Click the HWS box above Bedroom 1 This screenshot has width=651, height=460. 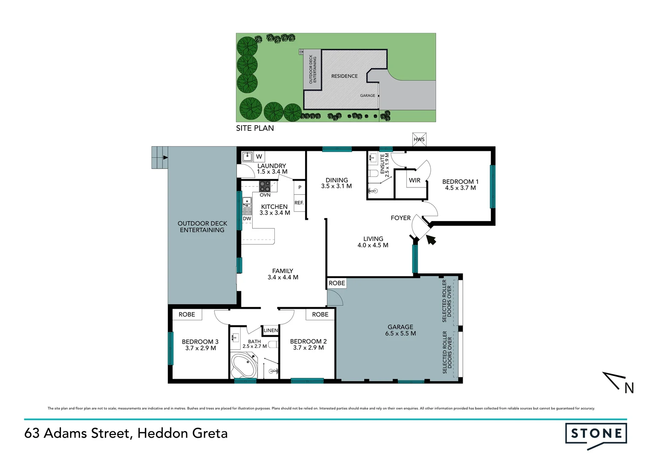(419, 139)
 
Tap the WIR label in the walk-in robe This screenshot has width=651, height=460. (415, 180)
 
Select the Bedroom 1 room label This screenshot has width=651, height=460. (460, 184)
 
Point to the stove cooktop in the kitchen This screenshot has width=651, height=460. (265, 186)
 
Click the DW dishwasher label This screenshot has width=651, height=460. (247, 218)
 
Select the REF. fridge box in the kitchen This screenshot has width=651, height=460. (299, 203)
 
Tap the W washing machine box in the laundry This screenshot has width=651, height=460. (259, 156)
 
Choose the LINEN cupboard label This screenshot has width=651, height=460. (271, 330)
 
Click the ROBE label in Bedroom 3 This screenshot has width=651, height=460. (187, 314)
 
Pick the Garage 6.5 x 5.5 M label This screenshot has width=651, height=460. (400, 330)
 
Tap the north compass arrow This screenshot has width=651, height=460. (615, 380)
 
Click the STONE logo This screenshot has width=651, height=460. (596, 434)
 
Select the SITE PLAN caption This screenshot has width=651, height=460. (255, 128)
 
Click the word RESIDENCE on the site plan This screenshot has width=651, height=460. (344, 76)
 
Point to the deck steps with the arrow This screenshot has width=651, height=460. (160, 158)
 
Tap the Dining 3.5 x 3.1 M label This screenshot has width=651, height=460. (337, 183)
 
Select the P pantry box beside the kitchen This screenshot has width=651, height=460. (300, 187)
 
